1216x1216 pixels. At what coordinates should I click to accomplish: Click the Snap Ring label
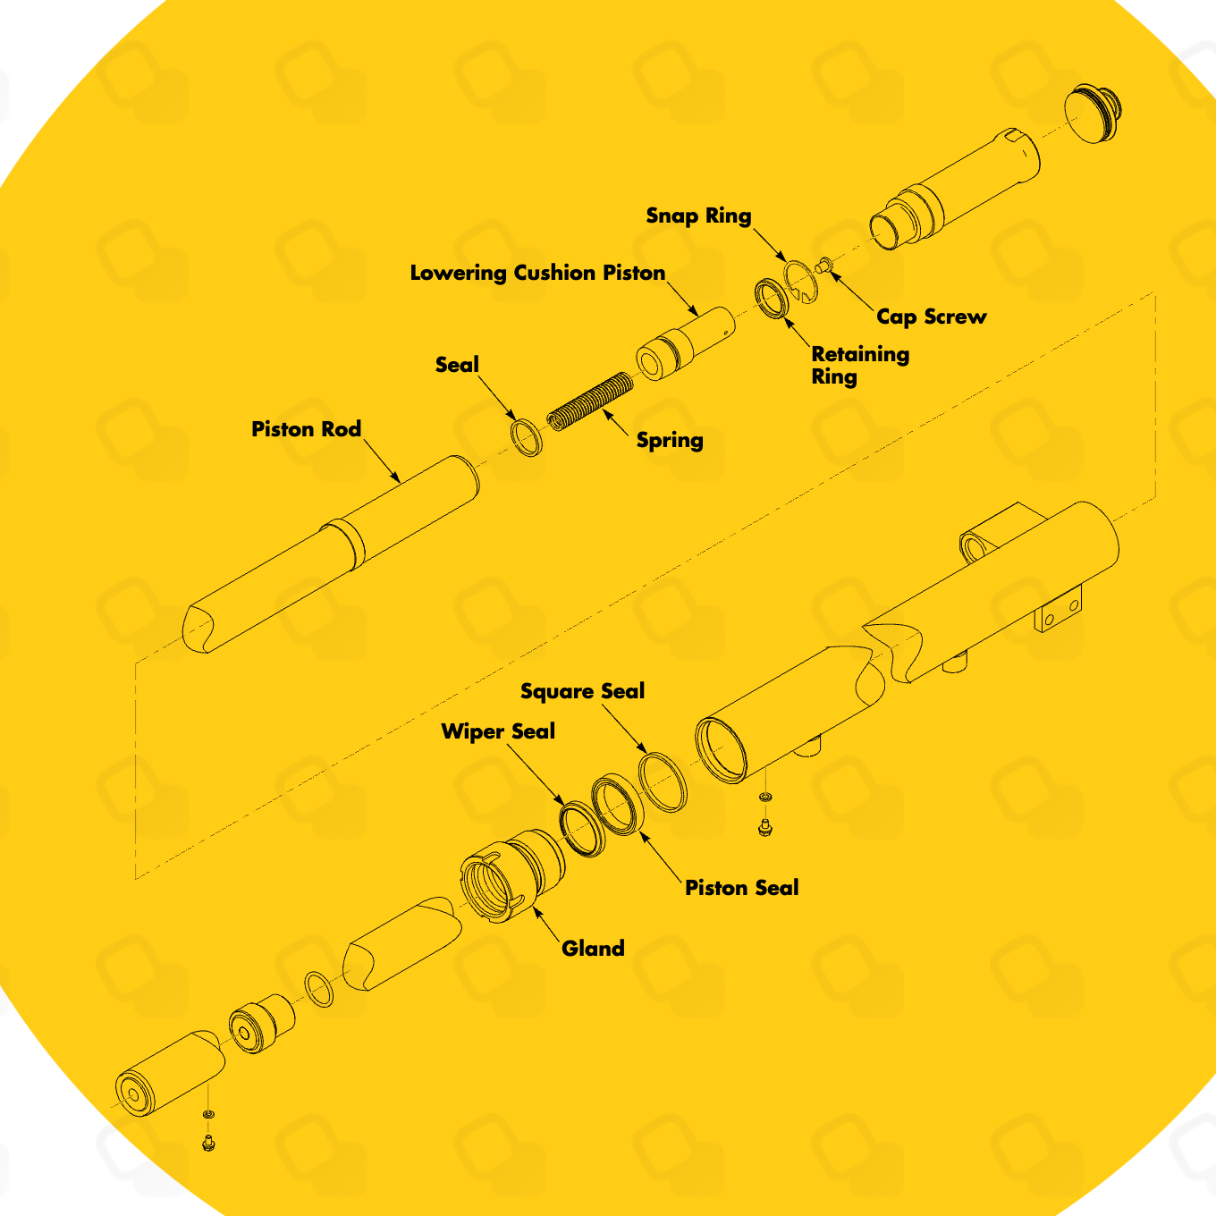pyautogui.click(x=698, y=215)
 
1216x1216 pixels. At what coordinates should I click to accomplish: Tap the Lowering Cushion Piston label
pyautogui.click(x=537, y=273)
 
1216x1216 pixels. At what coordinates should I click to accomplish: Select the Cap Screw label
pyautogui.click(x=931, y=317)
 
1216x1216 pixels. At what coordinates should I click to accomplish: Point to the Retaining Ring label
pyautogui.click(x=859, y=365)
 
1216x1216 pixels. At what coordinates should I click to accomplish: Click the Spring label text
pyautogui.click(x=670, y=440)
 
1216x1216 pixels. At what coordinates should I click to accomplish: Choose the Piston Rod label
pyautogui.click(x=306, y=429)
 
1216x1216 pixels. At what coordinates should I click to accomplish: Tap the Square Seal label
pyautogui.click(x=582, y=691)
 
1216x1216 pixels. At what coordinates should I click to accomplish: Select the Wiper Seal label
pyautogui.click(x=498, y=731)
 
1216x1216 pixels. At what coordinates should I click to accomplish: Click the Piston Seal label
pyautogui.click(x=741, y=888)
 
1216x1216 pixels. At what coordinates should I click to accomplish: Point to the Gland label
pyautogui.click(x=593, y=949)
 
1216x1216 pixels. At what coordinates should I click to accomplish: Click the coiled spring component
pyautogui.click(x=590, y=400)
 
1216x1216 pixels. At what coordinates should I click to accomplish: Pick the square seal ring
pyautogui.click(x=663, y=781)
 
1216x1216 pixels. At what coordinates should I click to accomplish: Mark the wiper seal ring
pyautogui.click(x=582, y=829)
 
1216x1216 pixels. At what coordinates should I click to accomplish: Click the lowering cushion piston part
pyautogui.click(x=685, y=343)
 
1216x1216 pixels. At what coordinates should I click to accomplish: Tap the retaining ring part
pyautogui.click(x=771, y=299)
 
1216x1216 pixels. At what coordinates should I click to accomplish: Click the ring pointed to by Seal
pyautogui.click(x=527, y=437)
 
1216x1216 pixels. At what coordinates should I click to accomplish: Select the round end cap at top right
pyautogui.click(x=1092, y=114)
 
